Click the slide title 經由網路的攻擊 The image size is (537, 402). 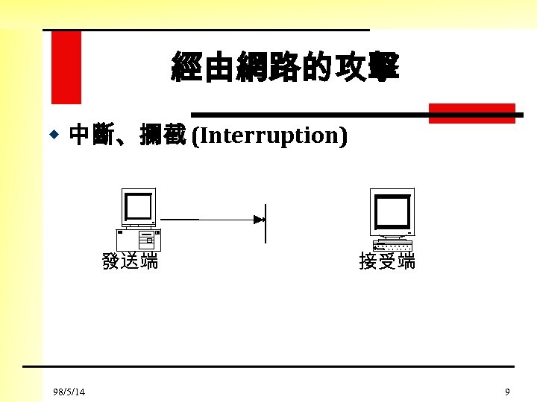(x=285, y=67)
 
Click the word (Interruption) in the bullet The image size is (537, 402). (x=269, y=136)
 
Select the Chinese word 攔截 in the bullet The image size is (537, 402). (x=162, y=136)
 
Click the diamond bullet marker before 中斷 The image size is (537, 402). (x=54, y=135)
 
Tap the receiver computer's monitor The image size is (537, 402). (x=392, y=211)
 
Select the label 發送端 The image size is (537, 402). (x=131, y=261)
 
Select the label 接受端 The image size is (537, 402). (x=387, y=261)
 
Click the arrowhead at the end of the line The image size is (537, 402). (x=259, y=220)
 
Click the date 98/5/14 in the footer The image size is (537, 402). (x=69, y=392)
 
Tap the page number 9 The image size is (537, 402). (x=507, y=392)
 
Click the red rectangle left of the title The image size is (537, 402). (x=66, y=67)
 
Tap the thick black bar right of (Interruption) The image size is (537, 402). (x=358, y=115)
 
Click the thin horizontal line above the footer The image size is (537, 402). (x=268, y=366)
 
